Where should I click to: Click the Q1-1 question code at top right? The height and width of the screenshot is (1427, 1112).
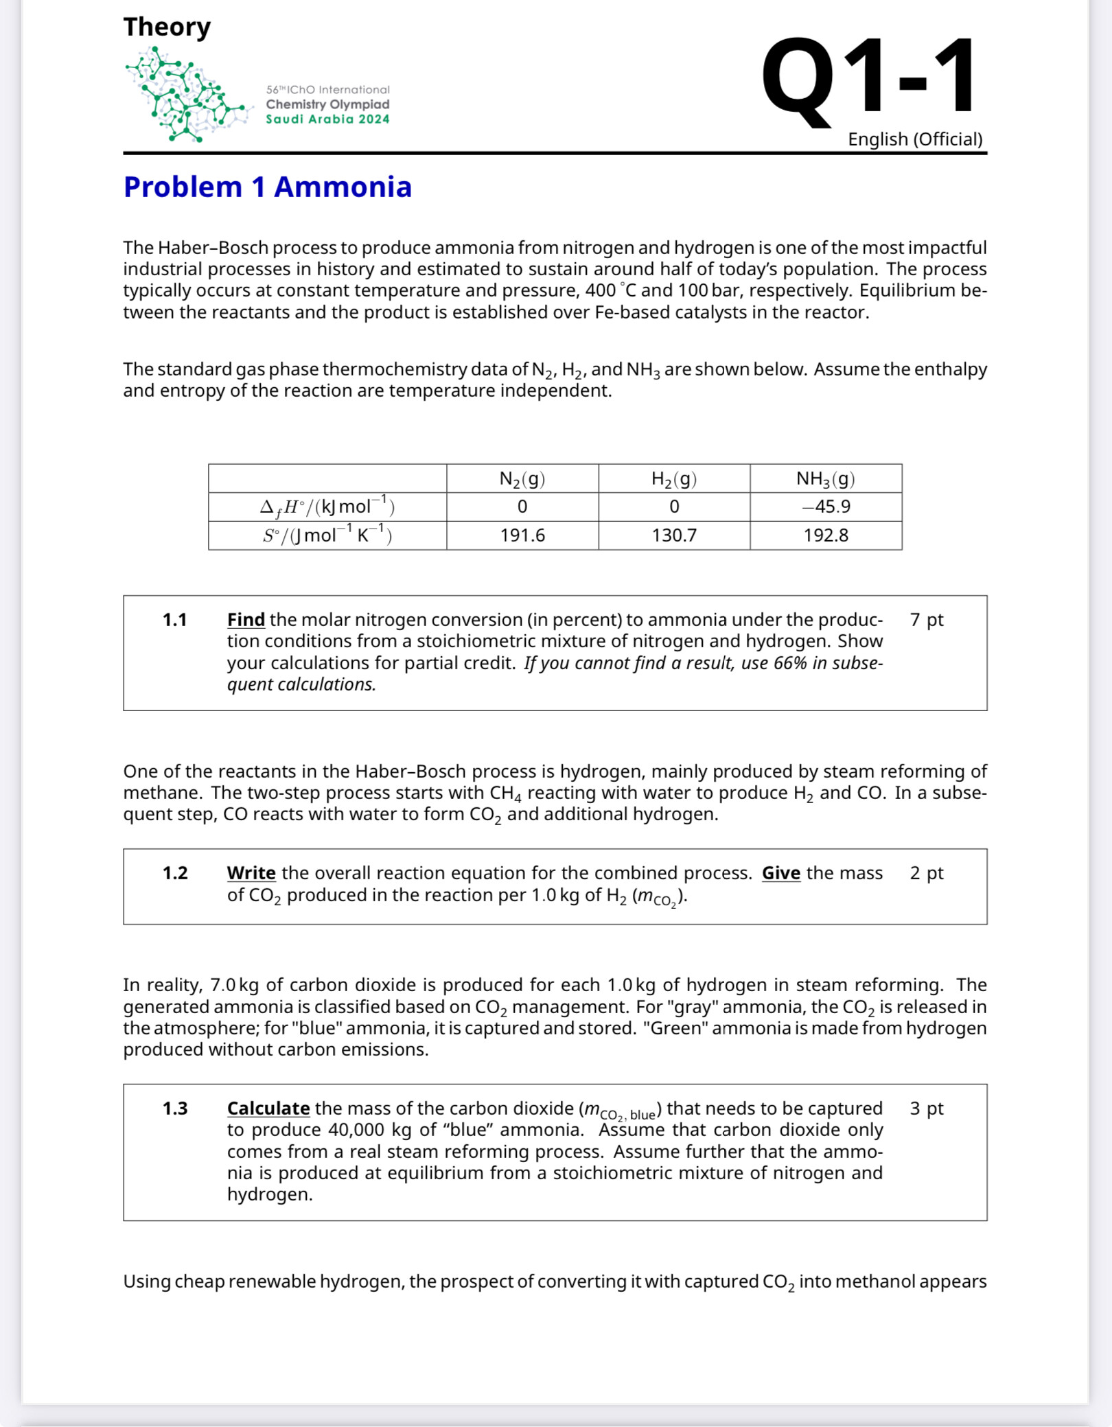[x=868, y=77]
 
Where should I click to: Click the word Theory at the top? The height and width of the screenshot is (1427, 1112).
[x=167, y=27]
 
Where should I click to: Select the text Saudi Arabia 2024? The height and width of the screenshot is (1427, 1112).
[x=327, y=119]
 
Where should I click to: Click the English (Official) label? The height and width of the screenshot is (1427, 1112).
[x=914, y=139]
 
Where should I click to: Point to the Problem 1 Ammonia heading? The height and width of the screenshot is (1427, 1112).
[x=267, y=187]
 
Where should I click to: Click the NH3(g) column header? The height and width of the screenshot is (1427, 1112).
[x=825, y=478]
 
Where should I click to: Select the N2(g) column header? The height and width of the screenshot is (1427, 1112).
[x=522, y=478]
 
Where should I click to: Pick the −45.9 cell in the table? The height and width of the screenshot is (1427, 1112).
[x=825, y=507]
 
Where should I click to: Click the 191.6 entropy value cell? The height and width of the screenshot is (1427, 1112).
[x=522, y=535]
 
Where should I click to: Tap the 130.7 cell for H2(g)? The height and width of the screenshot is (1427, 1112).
[x=673, y=535]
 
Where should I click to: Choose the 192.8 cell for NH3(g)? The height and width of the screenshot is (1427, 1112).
[x=825, y=535]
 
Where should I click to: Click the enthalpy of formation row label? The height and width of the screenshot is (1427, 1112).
[x=327, y=507]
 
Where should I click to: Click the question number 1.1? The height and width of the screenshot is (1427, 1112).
[x=174, y=620]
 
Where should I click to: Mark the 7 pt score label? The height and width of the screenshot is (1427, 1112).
[x=926, y=620]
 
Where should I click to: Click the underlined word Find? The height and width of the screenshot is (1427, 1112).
[x=246, y=620]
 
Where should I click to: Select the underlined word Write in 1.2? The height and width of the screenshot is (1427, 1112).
[x=251, y=873]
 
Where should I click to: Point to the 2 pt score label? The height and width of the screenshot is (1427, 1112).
[x=926, y=873]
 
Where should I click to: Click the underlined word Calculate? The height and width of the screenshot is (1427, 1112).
[x=268, y=1109]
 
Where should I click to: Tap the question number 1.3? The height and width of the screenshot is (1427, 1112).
[x=174, y=1109]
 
